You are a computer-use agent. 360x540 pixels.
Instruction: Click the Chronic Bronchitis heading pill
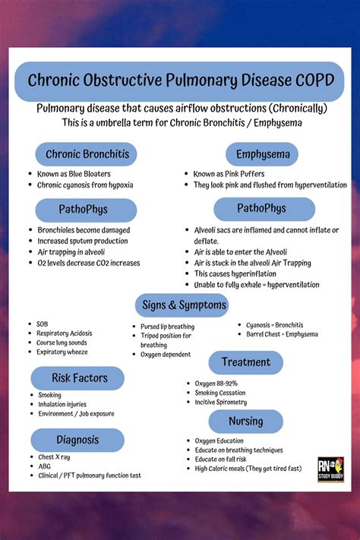point(87,154)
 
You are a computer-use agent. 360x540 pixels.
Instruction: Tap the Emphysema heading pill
point(263,154)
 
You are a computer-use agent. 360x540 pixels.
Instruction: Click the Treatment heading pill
point(245,362)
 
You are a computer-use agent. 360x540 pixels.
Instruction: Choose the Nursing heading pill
point(245,421)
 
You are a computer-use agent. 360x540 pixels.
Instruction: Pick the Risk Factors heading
point(79,377)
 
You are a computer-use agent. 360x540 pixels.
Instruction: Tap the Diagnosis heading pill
point(77,440)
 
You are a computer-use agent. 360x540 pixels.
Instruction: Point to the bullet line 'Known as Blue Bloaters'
point(74,174)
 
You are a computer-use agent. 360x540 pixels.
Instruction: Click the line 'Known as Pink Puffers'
point(229,174)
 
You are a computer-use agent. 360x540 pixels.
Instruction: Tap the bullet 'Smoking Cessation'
point(220,393)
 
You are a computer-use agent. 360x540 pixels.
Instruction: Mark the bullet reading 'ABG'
point(46,466)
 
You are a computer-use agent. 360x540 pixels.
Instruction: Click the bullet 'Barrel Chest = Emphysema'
point(282,334)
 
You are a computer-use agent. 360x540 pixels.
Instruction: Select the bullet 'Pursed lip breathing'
point(167,327)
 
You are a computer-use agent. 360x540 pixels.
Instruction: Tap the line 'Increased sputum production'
point(83,241)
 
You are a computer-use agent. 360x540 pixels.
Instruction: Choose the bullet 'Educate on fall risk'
point(222,459)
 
